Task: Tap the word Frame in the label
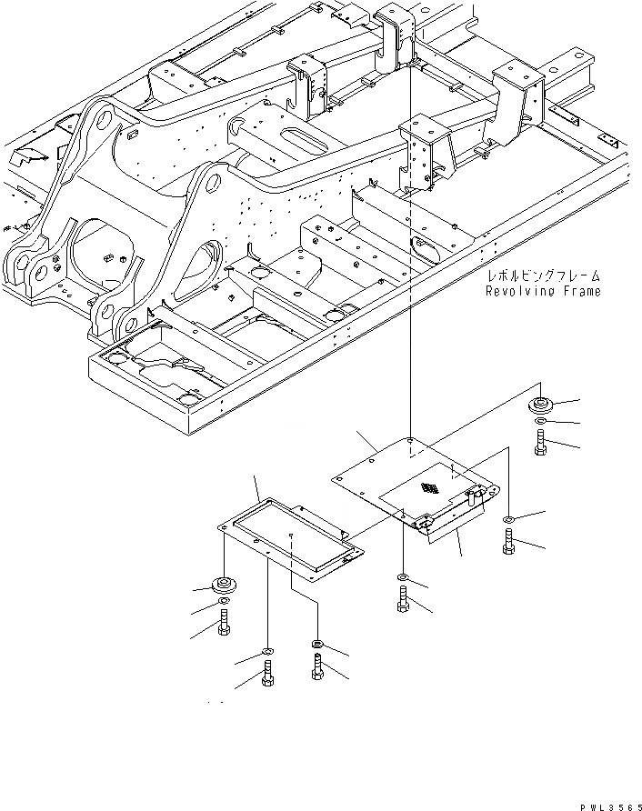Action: point(580,291)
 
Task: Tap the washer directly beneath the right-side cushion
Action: point(540,423)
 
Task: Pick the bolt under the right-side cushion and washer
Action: point(540,445)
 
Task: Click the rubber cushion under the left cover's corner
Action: point(222,585)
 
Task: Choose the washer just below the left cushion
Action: point(223,604)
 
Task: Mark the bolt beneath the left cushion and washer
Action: point(223,626)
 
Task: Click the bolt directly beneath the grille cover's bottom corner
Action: point(403,601)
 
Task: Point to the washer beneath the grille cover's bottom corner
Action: point(403,578)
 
